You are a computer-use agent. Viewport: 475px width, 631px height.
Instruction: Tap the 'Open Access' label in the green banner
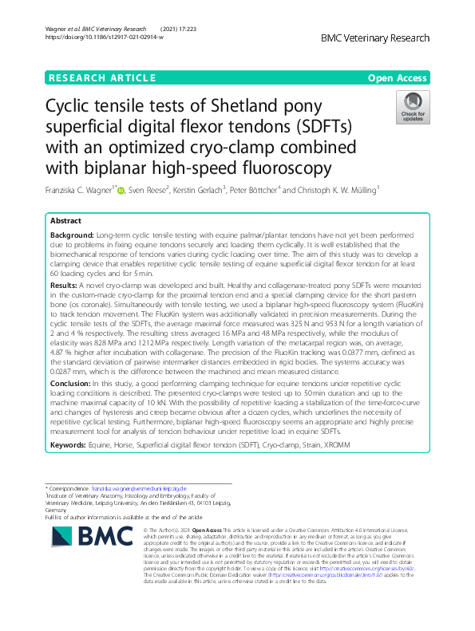(399, 77)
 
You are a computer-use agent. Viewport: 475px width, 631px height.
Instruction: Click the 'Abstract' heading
(66, 219)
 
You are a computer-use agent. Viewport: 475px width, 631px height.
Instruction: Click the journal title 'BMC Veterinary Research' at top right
(375, 37)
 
